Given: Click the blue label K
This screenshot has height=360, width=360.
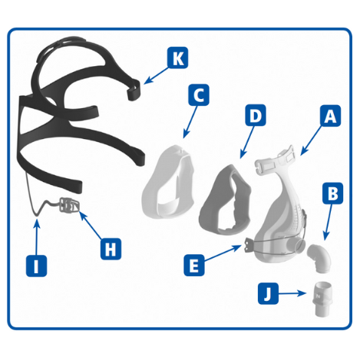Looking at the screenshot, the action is (178, 58).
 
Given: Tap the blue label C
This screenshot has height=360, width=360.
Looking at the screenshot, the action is (199, 94).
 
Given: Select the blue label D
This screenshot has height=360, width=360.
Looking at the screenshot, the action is (256, 115).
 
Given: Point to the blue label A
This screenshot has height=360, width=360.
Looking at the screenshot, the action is (330, 116).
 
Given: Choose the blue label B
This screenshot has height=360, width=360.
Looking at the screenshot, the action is (332, 193).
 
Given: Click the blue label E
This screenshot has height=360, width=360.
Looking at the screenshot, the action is (194, 266).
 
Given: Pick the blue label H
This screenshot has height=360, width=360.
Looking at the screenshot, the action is (111, 249).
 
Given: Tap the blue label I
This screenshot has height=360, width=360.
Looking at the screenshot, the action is (37, 266).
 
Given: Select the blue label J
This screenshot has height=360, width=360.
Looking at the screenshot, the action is (268, 293).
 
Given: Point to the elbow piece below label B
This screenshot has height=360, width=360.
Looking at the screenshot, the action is (319, 258).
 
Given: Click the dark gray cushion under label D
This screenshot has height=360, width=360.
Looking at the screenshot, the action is (225, 200).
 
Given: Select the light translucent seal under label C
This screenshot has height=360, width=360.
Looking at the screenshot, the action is (167, 182).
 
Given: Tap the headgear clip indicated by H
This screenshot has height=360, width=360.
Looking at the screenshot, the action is (69, 205).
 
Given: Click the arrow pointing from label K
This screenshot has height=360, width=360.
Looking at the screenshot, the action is (156, 75).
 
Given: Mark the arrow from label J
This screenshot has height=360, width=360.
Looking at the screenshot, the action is (292, 293).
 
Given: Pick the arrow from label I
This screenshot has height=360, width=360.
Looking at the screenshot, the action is (37, 238).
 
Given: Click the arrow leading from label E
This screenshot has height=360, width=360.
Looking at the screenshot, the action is (223, 253).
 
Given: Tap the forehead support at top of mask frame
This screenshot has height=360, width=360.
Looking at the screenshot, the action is (275, 160).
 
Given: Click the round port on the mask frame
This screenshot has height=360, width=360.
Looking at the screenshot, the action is (297, 246).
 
